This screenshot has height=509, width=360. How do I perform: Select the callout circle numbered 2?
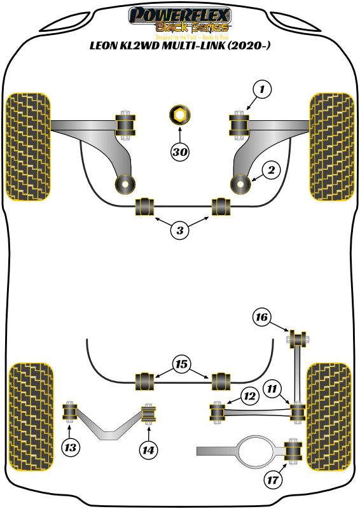(x=270, y=170)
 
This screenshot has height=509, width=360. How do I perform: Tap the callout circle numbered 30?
(x=180, y=151)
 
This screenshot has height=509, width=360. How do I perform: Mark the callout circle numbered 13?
(x=71, y=448)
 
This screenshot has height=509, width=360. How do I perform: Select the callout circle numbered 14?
(x=148, y=450)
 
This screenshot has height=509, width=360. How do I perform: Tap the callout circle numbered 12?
(x=249, y=396)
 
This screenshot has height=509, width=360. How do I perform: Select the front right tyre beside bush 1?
(x=331, y=146)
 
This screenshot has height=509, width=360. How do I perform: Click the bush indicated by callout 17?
(x=294, y=452)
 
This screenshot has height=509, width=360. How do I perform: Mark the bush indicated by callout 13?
(x=70, y=412)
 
